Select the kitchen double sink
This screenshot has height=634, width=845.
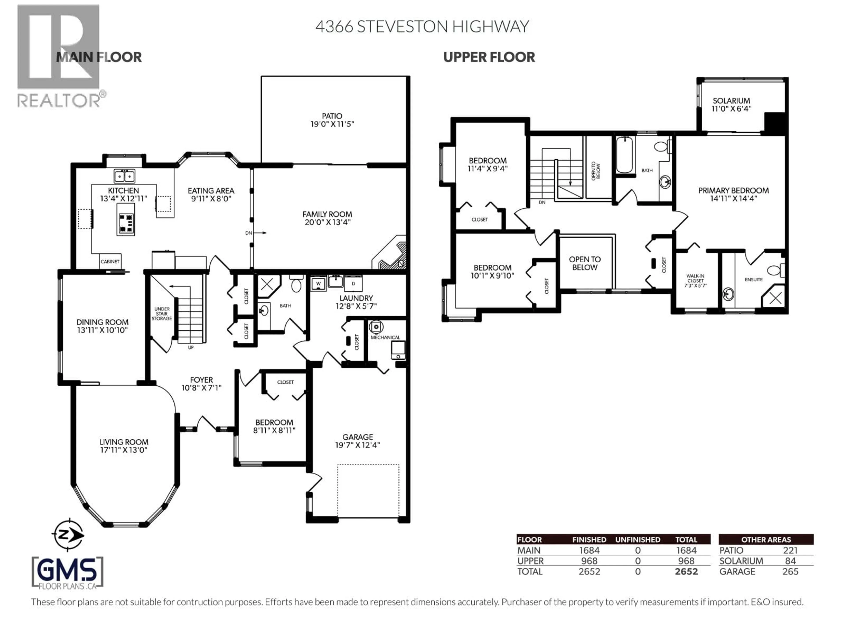tap(124, 176)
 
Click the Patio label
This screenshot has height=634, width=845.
tap(332, 116)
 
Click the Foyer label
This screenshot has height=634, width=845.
tap(201, 380)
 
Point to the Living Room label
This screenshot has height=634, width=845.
tap(124, 442)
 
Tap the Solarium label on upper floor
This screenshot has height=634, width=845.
tap(731, 101)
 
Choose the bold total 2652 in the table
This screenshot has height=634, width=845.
tap(686, 572)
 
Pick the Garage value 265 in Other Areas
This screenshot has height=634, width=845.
tap(790, 572)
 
